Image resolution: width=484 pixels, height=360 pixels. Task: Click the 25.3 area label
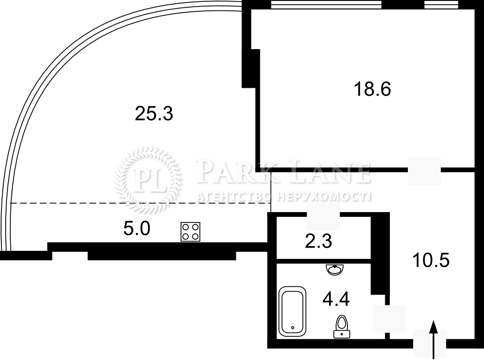154,113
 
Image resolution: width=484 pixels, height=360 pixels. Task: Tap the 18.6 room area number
372,89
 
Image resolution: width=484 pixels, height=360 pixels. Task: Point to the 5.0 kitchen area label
137,229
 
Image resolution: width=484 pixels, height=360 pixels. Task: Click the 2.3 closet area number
319,241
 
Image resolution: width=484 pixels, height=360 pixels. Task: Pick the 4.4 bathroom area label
336,299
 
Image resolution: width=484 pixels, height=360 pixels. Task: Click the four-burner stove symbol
190,231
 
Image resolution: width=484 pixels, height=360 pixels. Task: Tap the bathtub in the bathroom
292,311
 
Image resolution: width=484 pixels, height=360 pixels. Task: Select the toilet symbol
342,326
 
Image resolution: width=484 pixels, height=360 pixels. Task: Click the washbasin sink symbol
335,270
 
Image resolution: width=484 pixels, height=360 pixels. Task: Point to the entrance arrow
434,340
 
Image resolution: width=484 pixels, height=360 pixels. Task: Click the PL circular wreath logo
148,180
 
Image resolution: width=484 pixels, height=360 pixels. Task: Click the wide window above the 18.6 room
326,4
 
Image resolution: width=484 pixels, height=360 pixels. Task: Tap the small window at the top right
441,4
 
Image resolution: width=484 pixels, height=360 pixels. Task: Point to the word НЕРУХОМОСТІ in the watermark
324,197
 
